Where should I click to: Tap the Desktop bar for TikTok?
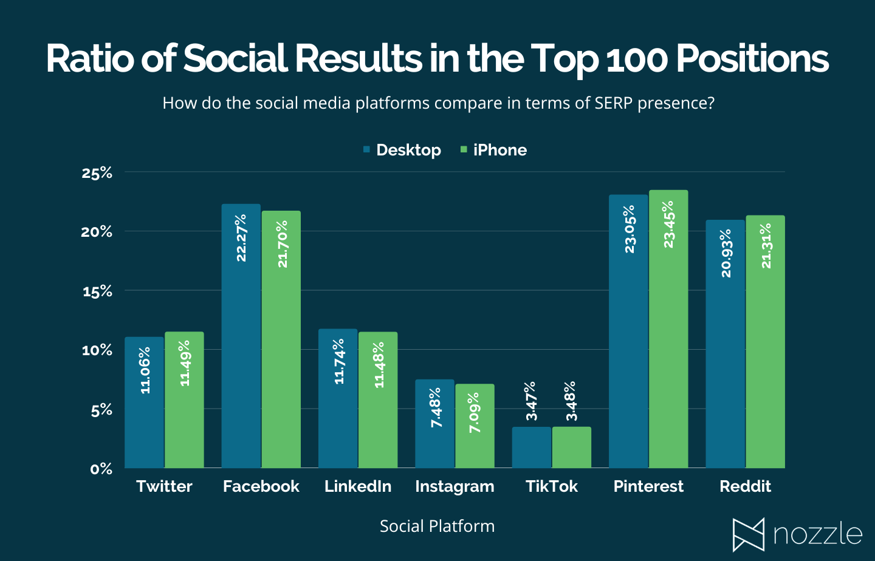[x=532, y=447]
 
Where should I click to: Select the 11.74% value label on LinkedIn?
[x=339, y=361]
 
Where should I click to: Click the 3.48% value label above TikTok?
[x=571, y=401]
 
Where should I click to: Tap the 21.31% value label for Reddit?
[x=766, y=246]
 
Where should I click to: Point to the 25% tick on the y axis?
[x=97, y=173]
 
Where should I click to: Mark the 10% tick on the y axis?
[x=97, y=350]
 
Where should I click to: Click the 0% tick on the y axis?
[x=101, y=469]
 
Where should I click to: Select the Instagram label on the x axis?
[x=455, y=486]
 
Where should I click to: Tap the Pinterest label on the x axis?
[x=648, y=486]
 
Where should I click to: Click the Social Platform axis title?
[x=437, y=526]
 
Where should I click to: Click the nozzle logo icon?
[x=748, y=535]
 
